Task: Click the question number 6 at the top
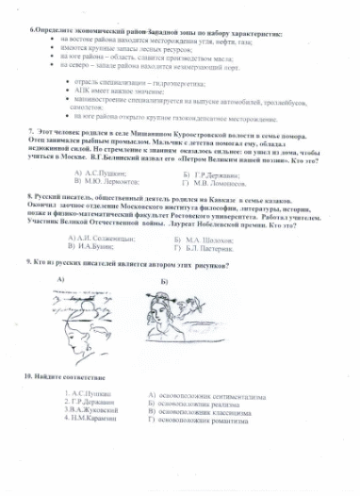tap(33, 32)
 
